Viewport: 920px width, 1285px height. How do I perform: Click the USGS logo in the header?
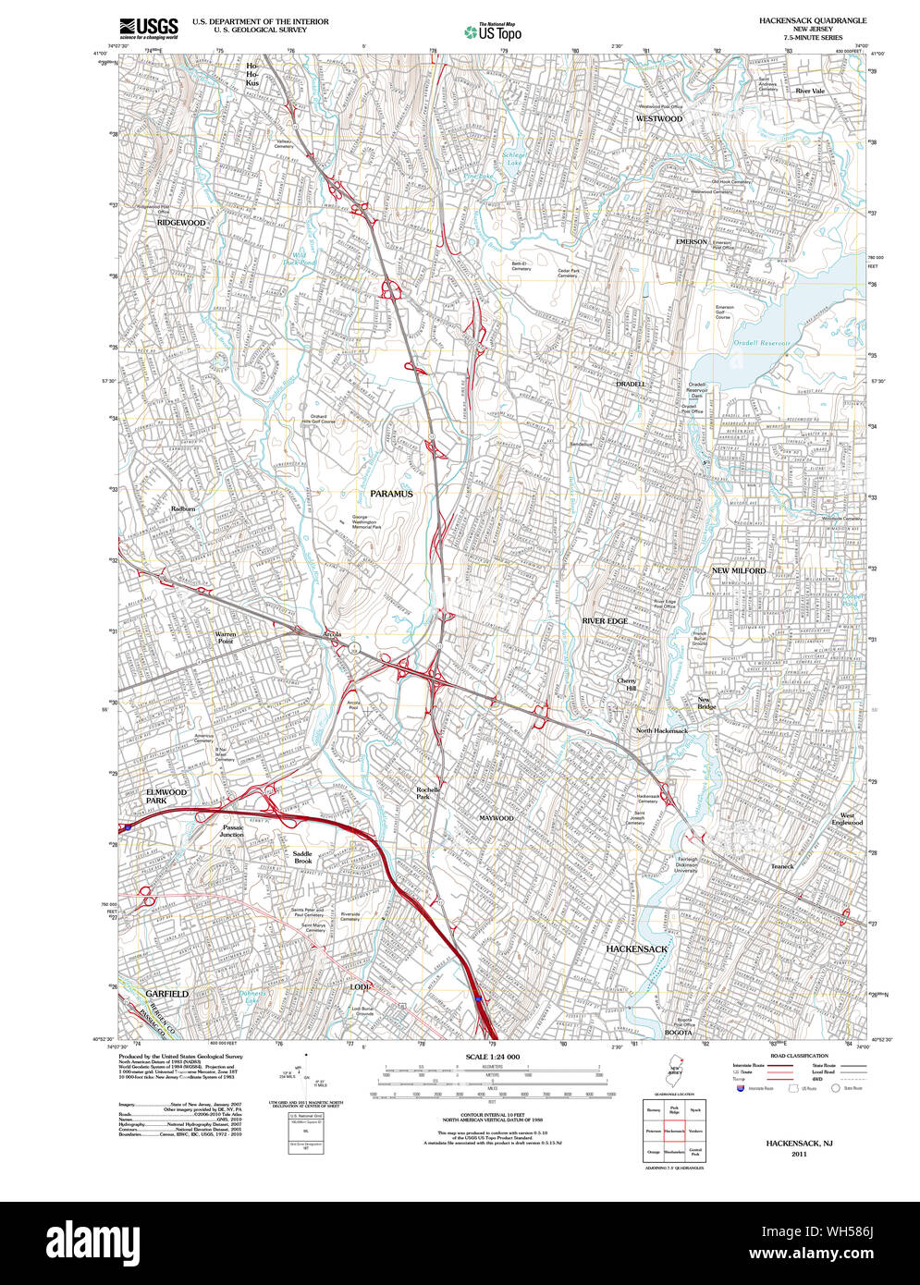coord(149,28)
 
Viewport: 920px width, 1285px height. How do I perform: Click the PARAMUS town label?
coord(392,494)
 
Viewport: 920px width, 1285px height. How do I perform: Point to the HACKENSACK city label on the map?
coord(637,948)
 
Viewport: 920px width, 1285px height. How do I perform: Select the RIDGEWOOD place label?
coord(181,223)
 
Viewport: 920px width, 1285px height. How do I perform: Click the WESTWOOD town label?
coord(659,119)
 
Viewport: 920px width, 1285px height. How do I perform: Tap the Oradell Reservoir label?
coord(758,343)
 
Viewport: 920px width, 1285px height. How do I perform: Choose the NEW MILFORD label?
coord(739,571)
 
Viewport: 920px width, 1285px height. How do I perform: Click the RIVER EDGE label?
coord(605,621)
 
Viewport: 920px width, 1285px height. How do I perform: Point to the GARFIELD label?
coord(167,994)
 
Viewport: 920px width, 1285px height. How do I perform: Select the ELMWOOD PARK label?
coord(166,796)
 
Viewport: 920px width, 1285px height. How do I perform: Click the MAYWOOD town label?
coord(496,819)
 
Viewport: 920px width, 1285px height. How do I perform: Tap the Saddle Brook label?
coord(303,857)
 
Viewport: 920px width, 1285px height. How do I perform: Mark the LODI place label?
coord(360,987)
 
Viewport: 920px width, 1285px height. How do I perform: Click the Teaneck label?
coord(782,866)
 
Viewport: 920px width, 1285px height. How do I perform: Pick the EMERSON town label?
coord(691,241)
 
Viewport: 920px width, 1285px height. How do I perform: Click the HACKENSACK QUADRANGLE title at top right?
coord(800,19)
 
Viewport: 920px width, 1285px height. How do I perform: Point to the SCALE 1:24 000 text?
coord(494,1057)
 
